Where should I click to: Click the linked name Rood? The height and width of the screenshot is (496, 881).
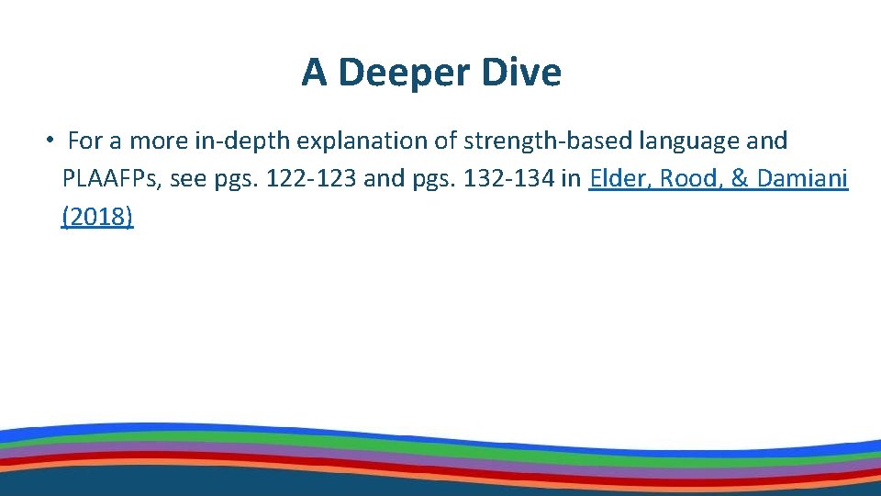point(692,179)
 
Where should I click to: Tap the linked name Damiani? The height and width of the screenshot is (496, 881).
point(803,179)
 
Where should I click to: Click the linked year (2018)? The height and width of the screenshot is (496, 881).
point(97,217)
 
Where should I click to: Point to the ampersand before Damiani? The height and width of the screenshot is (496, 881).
point(740,179)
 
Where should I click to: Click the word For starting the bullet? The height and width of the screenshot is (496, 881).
point(85,141)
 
